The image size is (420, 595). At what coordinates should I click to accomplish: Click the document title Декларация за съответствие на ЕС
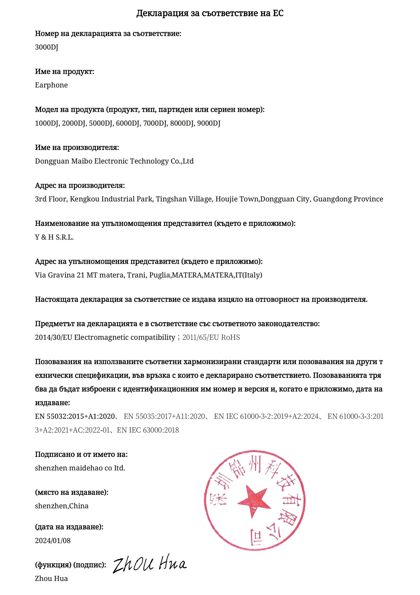point(210,13)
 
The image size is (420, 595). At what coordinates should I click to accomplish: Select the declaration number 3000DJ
point(47,47)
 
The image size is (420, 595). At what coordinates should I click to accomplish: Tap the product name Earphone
point(51,85)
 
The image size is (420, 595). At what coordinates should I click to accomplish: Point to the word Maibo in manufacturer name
point(82,161)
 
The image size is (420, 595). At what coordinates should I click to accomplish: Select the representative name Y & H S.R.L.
point(54,237)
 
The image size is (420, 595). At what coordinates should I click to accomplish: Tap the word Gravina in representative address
point(61,275)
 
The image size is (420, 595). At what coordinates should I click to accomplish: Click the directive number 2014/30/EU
point(53,337)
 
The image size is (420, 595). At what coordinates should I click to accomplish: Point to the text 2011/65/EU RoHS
point(211,337)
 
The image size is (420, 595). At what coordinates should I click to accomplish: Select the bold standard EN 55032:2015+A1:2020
point(75,416)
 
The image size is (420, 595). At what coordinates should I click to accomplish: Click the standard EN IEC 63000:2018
point(148,430)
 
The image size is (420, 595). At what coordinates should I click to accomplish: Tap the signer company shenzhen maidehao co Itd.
point(80,468)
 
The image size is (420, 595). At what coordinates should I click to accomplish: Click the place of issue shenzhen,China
point(62,506)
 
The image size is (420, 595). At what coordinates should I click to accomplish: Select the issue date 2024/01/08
point(53,541)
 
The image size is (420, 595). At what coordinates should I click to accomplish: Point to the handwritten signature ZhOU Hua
point(150,565)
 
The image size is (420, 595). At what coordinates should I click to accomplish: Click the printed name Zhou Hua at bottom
point(51,578)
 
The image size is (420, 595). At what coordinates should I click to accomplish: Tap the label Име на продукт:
point(65,72)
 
